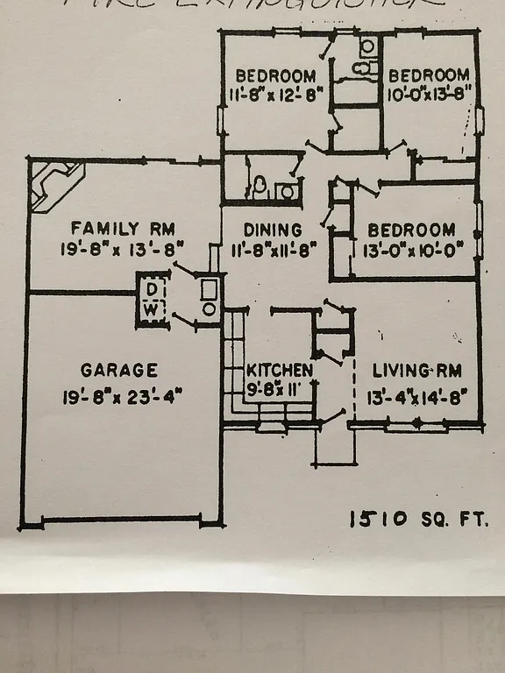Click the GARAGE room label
click(x=119, y=370)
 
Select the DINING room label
click(x=274, y=230)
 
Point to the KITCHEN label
click(x=279, y=370)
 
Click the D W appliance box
click(x=152, y=299)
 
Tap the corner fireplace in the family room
click(x=54, y=183)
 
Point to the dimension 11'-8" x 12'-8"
click(x=275, y=92)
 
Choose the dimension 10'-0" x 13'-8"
click(x=430, y=92)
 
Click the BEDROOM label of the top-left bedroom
click(x=275, y=74)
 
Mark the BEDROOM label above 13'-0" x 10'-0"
click(x=411, y=230)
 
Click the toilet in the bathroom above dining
click(x=260, y=186)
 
